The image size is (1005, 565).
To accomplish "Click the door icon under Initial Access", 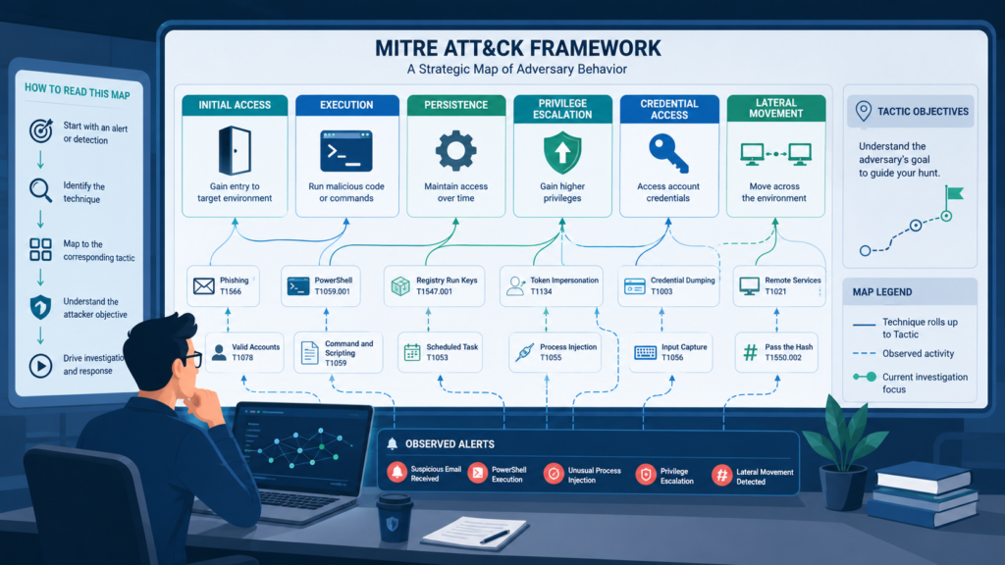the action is (x=235, y=150).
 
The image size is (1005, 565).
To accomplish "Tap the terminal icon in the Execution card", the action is (x=346, y=151).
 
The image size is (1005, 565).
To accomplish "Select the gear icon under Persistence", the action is (x=455, y=151).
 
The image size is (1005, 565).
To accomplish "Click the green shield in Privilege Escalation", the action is (x=562, y=152).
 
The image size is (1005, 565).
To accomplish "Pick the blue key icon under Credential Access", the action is (x=667, y=153).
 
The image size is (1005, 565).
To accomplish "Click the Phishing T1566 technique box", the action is (x=223, y=285).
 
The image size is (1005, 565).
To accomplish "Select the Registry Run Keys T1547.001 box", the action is (x=434, y=285).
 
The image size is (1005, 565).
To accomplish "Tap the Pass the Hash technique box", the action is (x=776, y=352).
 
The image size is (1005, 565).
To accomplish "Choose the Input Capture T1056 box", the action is (x=670, y=352).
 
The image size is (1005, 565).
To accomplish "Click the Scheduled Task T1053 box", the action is (x=441, y=352).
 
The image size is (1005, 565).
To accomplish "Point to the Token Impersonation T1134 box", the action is (x=552, y=285).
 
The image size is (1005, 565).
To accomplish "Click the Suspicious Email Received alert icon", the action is (x=397, y=473).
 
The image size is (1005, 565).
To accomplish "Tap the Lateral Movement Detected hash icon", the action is (x=721, y=476).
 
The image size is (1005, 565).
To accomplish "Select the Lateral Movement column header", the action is (x=775, y=108).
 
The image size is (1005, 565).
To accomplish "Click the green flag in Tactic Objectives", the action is (x=954, y=193).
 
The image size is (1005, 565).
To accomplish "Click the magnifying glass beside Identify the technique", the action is (x=40, y=190).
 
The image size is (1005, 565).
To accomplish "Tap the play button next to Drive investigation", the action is (x=40, y=366).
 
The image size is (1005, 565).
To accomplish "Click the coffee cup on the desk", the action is (x=393, y=519).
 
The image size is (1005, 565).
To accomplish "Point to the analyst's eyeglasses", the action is (x=188, y=358).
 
